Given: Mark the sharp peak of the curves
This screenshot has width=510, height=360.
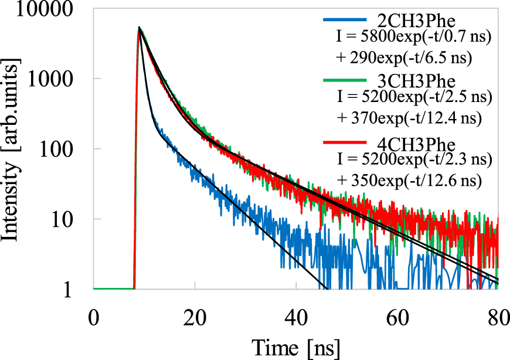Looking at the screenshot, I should [x=139, y=28].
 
